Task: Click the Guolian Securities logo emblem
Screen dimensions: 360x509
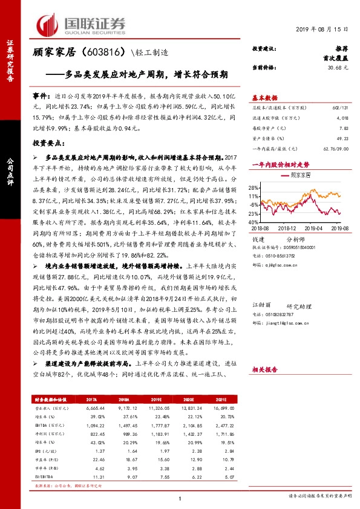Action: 51,24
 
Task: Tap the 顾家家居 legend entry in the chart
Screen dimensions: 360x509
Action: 301,175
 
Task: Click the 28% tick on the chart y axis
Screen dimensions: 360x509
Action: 255,188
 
